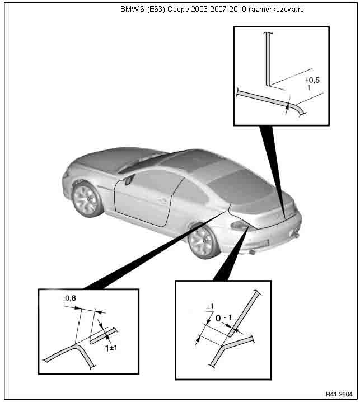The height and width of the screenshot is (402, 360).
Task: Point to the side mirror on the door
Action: coord(129,180)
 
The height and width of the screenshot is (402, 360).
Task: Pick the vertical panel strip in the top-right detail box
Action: coord(268,59)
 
